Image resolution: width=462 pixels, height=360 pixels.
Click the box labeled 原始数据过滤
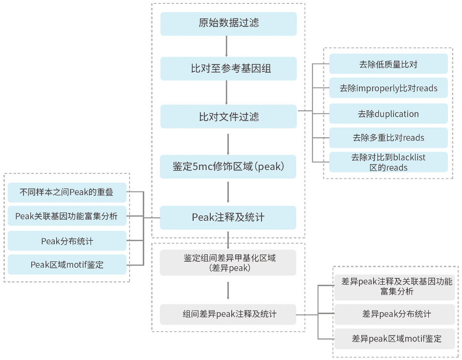228,24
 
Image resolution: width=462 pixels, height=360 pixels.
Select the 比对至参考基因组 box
228,68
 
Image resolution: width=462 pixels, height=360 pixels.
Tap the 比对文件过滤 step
228,116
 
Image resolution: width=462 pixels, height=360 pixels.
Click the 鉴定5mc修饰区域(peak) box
228,167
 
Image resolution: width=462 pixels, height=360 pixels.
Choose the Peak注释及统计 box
228,217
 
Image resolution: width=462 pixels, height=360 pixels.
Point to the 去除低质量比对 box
388,64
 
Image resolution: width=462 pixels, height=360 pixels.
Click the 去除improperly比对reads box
388,88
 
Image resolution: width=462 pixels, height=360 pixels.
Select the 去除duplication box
388,114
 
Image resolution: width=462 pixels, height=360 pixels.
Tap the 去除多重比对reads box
388,137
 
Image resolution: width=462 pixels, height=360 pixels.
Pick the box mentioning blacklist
388,162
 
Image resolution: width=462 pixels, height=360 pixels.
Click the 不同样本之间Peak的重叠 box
67,192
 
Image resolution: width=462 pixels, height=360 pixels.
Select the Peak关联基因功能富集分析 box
67,216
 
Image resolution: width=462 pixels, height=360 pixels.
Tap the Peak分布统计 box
67,241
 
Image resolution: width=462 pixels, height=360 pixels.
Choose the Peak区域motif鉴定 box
67,265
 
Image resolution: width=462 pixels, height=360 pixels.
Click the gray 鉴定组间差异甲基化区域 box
228,263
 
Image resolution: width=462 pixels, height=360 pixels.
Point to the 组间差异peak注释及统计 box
228,315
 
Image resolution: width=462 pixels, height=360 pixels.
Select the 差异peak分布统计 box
395,315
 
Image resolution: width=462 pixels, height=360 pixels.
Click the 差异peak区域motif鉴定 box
395,339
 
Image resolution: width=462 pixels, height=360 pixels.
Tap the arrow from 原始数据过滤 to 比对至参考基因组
226,46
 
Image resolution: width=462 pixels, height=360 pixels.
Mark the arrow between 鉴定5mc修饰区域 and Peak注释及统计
228,192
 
